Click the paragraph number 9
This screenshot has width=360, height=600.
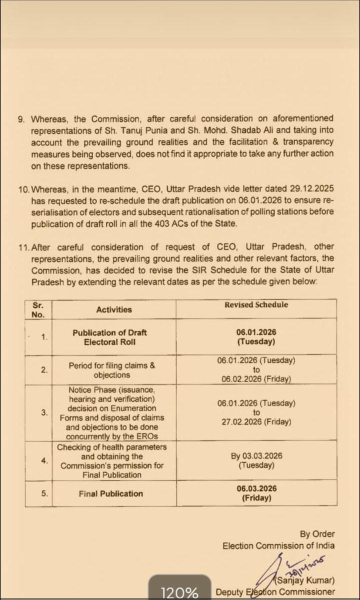click(x=20, y=119)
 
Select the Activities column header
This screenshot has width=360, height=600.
click(x=114, y=309)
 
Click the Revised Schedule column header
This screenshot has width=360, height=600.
click(x=256, y=304)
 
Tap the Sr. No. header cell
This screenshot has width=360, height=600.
click(x=38, y=309)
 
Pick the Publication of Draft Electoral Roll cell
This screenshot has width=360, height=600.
click(x=109, y=337)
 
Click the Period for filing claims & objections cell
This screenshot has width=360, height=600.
click(x=112, y=370)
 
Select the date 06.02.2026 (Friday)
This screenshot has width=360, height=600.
click(x=256, y=379)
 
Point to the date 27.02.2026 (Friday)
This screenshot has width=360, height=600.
click(x=256, y=421)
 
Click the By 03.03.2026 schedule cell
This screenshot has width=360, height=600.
click(x=256, y=460)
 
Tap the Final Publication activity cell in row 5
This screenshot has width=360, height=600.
click(x=110, y=493)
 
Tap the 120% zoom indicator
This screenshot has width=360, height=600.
click(x=179, y=592)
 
